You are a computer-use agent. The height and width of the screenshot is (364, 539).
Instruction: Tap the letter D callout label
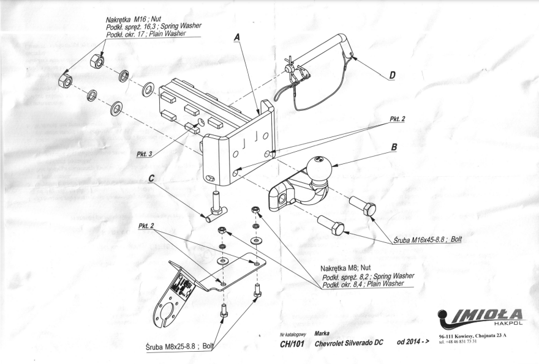[x=392, y=75]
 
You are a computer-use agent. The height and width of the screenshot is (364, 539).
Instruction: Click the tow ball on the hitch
[x=318, y=167]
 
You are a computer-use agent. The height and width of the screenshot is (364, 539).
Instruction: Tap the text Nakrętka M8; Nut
[x=346, y=267]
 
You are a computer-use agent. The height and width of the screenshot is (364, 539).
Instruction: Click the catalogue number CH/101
[x=285, y=342]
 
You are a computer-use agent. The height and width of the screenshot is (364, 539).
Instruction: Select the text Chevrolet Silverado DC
[x=347, y=342]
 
